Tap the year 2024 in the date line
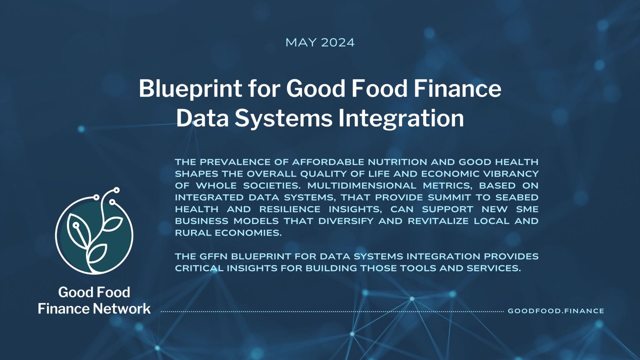tap(338, 43)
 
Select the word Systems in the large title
tap(283, 118)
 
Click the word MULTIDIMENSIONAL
tap(362, 186)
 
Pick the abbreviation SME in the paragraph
tap(527, 209)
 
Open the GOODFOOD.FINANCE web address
tap(556, 311)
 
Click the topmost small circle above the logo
tap(117, 190)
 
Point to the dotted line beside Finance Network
tap(332, 311)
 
